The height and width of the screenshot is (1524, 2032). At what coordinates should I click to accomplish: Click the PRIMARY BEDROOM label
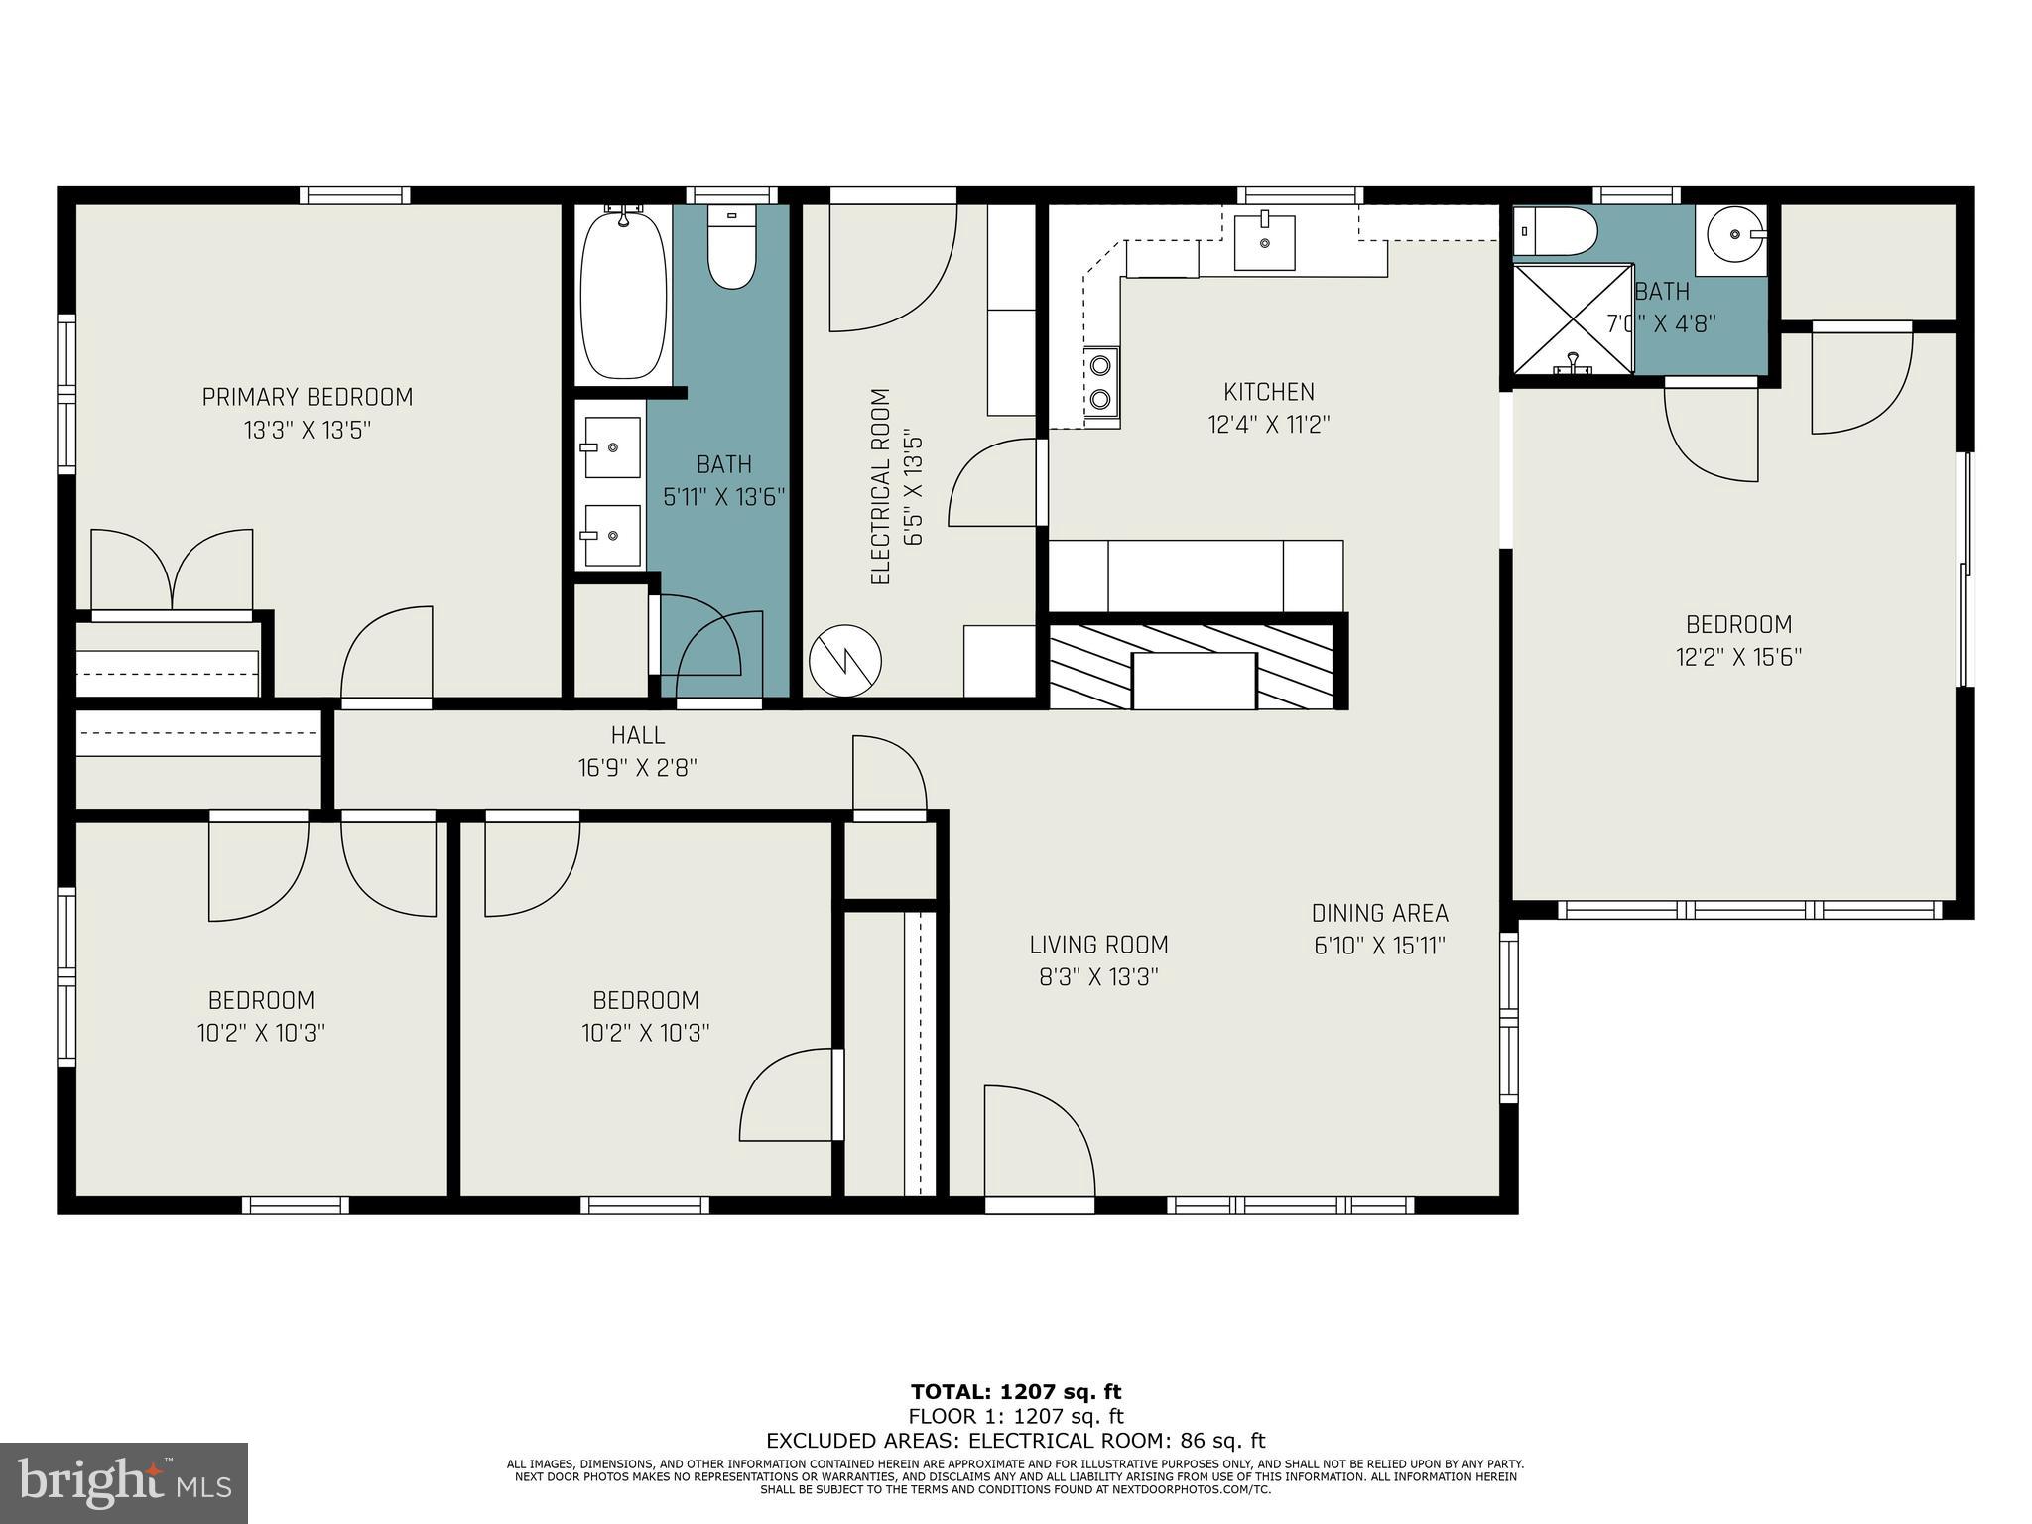(x=308, y=397)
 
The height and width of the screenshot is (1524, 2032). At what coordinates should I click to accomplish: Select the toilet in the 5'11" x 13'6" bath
(x=732, y=247)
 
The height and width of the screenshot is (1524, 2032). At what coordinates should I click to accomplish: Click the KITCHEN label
(x=1269, y=392)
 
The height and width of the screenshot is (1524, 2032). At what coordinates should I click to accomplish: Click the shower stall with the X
(x=1573, y=319)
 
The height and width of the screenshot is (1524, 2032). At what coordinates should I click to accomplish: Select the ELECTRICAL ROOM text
(x=880, y=486)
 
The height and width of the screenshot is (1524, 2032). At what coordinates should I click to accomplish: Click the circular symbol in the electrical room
(x=845, y=660)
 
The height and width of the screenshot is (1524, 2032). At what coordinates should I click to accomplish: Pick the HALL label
(x=638, y=735)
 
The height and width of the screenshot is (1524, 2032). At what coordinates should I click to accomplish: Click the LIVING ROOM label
(x=1098, y=945)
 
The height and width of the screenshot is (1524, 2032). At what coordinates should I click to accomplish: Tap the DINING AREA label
(x=1380, y=913)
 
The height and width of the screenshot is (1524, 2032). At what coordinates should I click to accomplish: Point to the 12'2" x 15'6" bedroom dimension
(x=1739, y=657)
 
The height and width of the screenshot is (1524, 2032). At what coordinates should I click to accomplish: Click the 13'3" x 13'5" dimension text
(x=308, y=430)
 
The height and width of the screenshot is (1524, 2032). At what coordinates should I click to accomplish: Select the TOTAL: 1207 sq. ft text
(x=1016, y=1392)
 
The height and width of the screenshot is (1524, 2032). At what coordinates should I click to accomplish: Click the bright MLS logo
(x=124, y=1483)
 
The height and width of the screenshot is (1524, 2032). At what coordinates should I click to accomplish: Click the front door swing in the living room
(x=1039, y=1140)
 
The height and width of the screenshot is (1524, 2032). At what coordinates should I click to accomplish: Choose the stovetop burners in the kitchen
(x=1100, y=382)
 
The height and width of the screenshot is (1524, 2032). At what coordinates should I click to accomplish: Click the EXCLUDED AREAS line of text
(x=1016, y=1441)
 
